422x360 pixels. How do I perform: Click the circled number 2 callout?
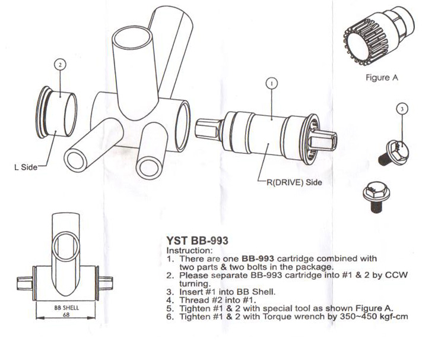(x=59, y=64)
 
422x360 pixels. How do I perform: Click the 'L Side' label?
(x=26, y=167)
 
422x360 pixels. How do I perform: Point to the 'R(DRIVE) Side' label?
(x=291, y=182)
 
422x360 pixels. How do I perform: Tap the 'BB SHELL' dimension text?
(x=66, y=308)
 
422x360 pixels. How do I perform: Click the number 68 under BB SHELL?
(x=66, y=315)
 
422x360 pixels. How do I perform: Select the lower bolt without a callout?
(x=376, y=195)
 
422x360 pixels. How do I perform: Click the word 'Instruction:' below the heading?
(x=182, y=251)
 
